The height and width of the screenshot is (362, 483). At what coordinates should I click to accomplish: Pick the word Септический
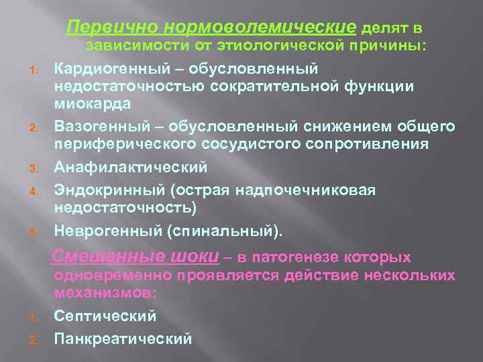[x=105, y=315]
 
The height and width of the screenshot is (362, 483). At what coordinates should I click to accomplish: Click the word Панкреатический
[x=123, y=338]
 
